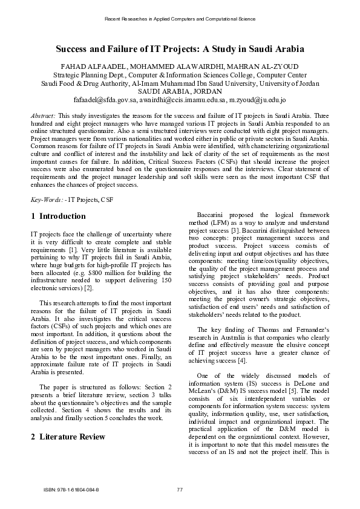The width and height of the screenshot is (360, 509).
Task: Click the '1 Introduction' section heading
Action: [57, 216]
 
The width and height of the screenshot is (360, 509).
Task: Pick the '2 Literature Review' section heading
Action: [68, 436]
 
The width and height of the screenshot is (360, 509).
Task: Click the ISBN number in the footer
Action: [71, 489]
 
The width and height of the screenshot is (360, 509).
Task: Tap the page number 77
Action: [180, 489]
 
